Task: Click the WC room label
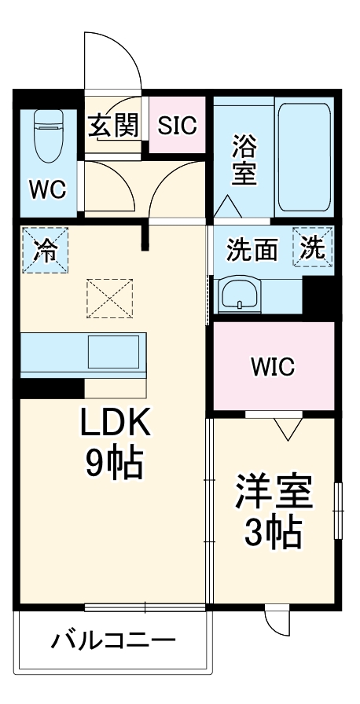click(x=48, y=189)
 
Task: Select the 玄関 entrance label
click(x=113, y=125)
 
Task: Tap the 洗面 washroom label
click(x=252, y=250)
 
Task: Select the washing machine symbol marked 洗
click(x=314, y=247)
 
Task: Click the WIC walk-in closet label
click(x=272, y=365)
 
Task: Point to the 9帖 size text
click(x=115, y=465)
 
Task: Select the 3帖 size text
click(x=273, y=535)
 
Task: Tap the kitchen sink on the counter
click(x=116, y=351)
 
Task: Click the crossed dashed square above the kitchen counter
click(x=110, y=299)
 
